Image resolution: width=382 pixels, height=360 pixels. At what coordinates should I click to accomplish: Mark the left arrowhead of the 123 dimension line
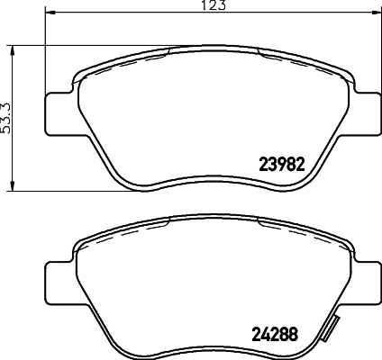[47, 13]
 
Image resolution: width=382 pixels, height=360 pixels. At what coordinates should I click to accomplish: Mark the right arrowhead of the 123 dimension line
[374, 13]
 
